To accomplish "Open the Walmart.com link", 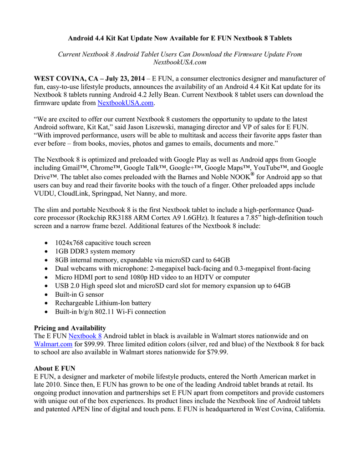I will tap(53, 344).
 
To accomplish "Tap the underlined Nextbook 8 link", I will tap(85, 336).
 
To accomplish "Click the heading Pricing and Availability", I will tap(70, 328).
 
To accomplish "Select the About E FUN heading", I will tap(55, 368).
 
